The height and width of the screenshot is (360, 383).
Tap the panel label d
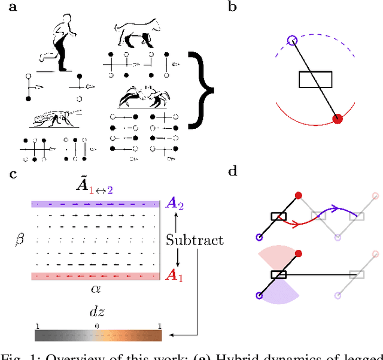pyautogui.click(x=233, y=173)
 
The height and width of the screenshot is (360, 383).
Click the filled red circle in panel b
pyautogui.click(x=338, y=119)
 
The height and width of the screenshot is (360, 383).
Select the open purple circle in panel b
pyautogui.click(x=292, y=41)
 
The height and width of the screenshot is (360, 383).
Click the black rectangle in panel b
pyautogui.click(x=315, y=80)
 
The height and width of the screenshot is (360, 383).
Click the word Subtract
pyautogui.click(x=194, y=240)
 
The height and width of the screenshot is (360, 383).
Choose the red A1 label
pyautogui.click(x=173, y=277)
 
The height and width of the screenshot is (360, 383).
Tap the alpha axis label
pyautogui.click(x=95, y=288)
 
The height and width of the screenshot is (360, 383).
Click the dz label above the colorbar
pyautogui.click(x=96, y=311)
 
